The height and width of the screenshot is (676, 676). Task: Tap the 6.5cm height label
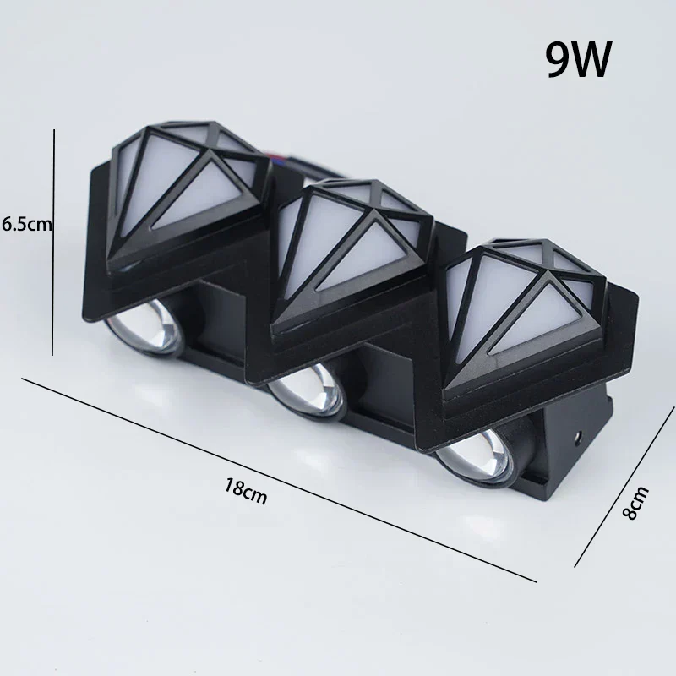tap(27, 224)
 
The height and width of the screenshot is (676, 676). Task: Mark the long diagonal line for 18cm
tap(279, 479)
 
